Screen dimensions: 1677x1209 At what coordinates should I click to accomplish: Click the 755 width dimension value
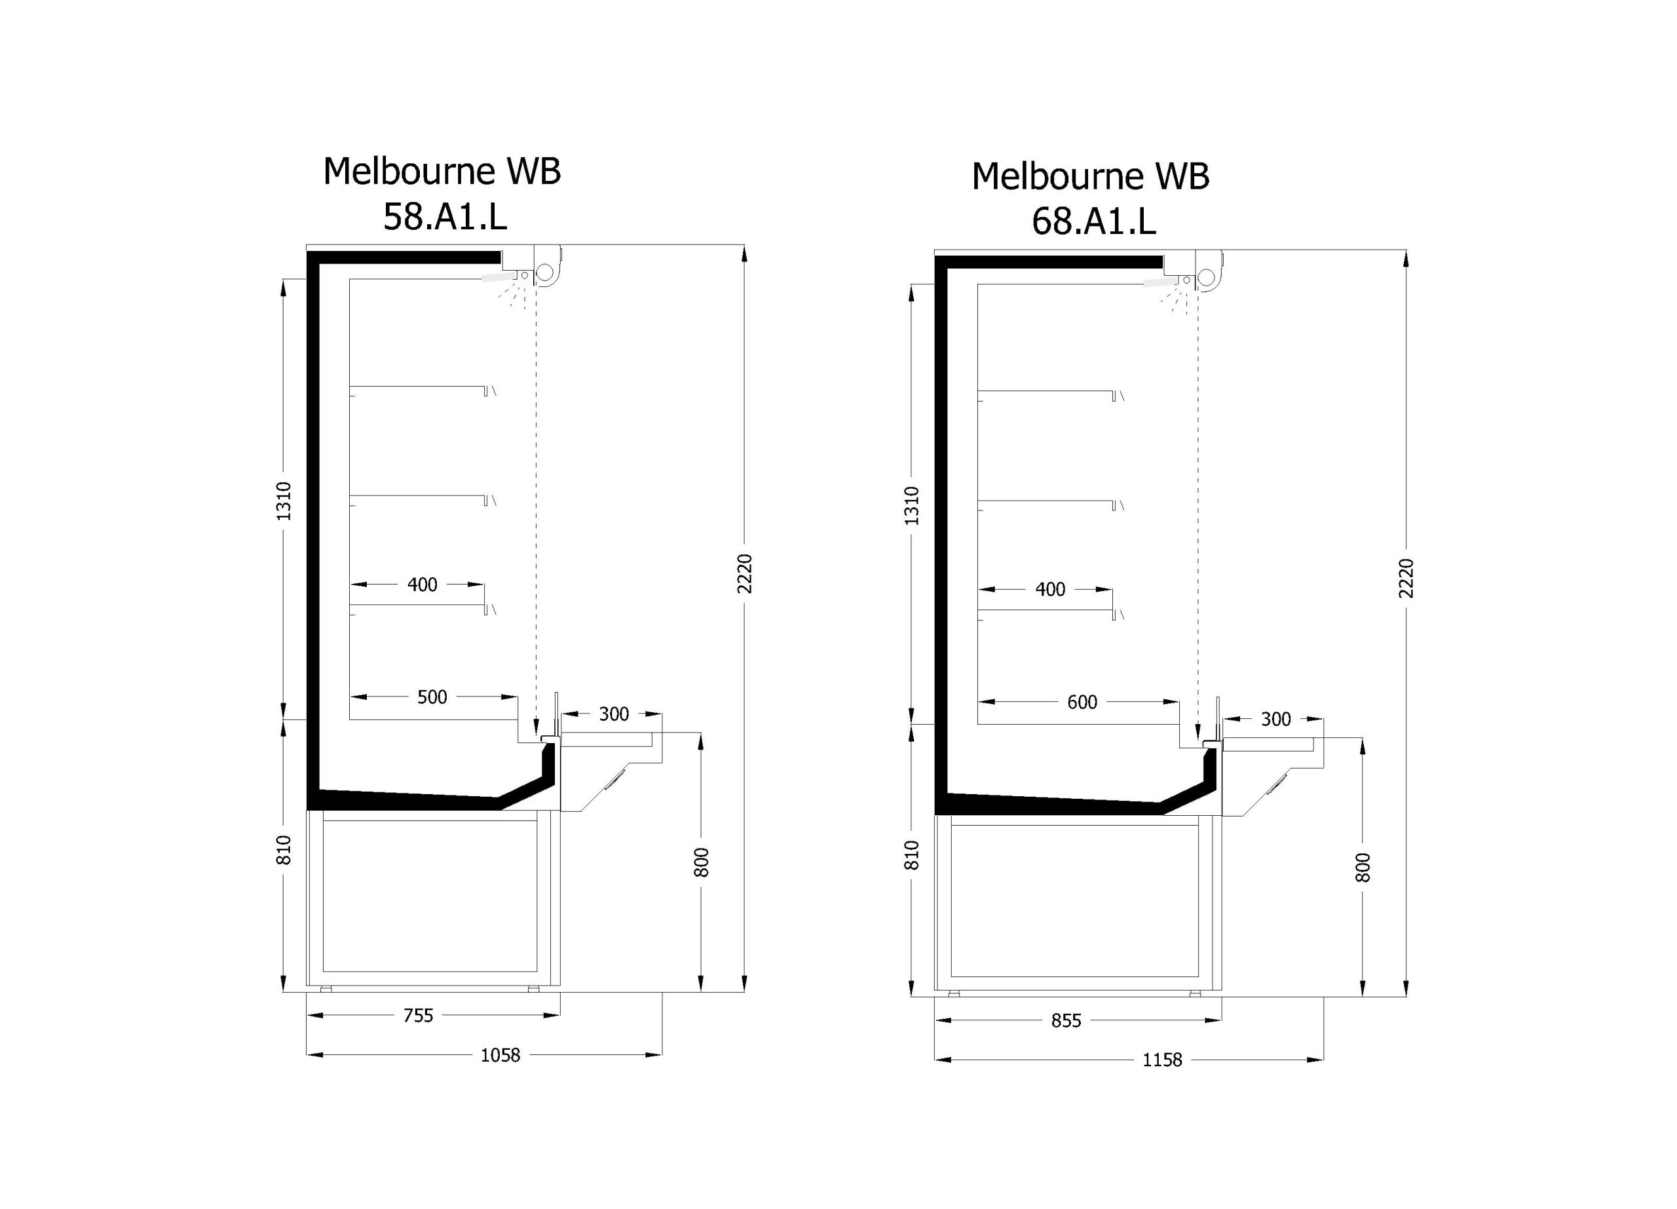click(418, 1016)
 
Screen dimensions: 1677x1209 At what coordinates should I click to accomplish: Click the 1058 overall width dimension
click(500, 1055)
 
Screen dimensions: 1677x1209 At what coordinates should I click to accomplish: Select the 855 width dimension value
click(1066, 1021)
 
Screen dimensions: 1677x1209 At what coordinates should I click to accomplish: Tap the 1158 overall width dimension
click(1162, 1060)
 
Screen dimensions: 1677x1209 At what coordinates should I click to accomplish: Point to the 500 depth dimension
click(432, 697)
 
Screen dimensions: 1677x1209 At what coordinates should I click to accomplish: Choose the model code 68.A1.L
click(1093, 221)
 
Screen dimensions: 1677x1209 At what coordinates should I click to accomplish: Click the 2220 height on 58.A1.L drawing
click(745, 573)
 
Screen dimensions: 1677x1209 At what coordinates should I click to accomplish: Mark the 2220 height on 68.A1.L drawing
click(1406, 578)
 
